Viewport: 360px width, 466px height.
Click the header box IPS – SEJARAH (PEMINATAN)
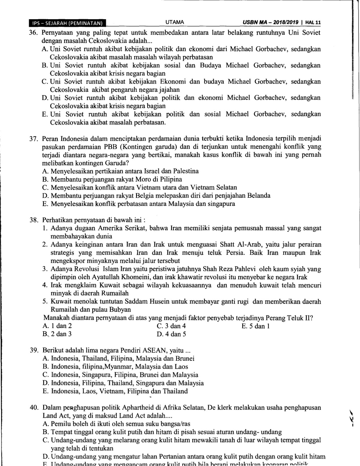click(x=67, y=23)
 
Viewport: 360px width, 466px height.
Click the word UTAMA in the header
click(x=174, y=22)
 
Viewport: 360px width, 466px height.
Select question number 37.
click(x=34, y=139)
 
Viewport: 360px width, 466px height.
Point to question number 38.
click(x=34, y=220)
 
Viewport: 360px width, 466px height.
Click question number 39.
click(x=34, y=350)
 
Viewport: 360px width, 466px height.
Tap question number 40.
click(x=34, y=407)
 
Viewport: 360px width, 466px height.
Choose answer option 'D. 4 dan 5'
click(x=171, y=334)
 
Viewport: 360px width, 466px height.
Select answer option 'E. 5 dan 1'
click(x=255, y=326)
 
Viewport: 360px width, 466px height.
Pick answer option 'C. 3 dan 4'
click(x=171, y=326)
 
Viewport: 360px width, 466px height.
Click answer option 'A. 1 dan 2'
click(x=57, y=326)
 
